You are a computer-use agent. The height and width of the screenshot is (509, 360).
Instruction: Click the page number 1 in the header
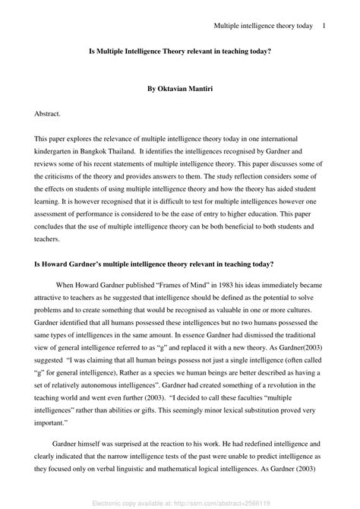pos(324,26)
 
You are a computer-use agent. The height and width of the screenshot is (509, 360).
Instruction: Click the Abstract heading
pos(47,112)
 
